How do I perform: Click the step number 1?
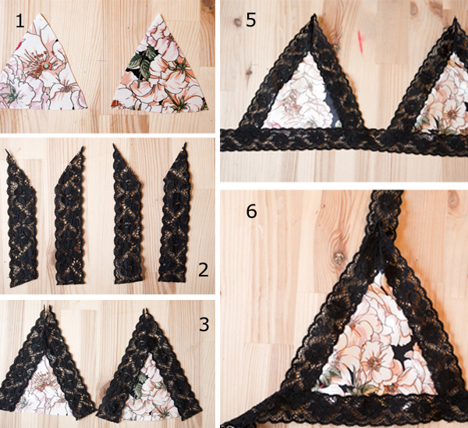(19, 22)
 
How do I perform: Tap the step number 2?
(204, 269)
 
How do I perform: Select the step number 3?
(204, 324)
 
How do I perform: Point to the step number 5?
(250, 20)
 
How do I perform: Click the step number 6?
(251, 212)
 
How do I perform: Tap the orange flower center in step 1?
(44, 64)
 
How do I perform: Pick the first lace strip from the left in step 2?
(22, 219)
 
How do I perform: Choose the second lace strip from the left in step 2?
(69, 216)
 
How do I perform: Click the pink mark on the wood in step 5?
(361, 42)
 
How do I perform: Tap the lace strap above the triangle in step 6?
(387, 209)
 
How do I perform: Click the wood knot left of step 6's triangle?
(339, 258)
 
